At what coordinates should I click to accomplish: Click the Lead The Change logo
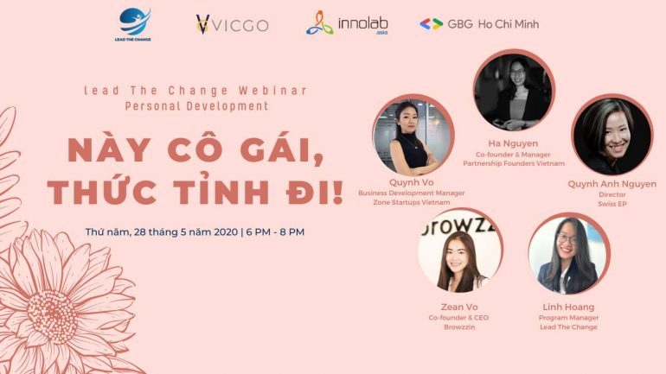tap(133, 24)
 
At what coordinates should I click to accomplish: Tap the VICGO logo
tap(232, 24)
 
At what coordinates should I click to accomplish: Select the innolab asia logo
tap(347, 23)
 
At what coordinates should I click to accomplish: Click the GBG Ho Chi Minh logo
tap(479, 24)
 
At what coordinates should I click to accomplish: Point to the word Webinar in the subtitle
tap(273, 91)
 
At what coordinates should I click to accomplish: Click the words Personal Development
tap(196, 105)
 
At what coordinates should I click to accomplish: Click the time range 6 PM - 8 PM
tap(275, 232)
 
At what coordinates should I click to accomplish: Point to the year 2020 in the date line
tap(226, 232)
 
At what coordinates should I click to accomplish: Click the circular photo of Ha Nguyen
tap(513, 91)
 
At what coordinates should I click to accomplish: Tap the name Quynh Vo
tap(411, 182)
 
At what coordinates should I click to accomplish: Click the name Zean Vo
tap(459, 307)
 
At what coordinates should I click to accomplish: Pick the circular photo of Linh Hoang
tap(569, 255)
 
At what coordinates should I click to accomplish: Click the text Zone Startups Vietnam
tap(411, 202)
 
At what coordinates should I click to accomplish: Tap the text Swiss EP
tap(612, 204)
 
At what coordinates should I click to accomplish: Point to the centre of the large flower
tap(53, 317)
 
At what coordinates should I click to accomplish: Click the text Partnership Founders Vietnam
tap(514, 163)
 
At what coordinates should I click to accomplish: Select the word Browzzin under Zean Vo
tap(459, 327)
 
